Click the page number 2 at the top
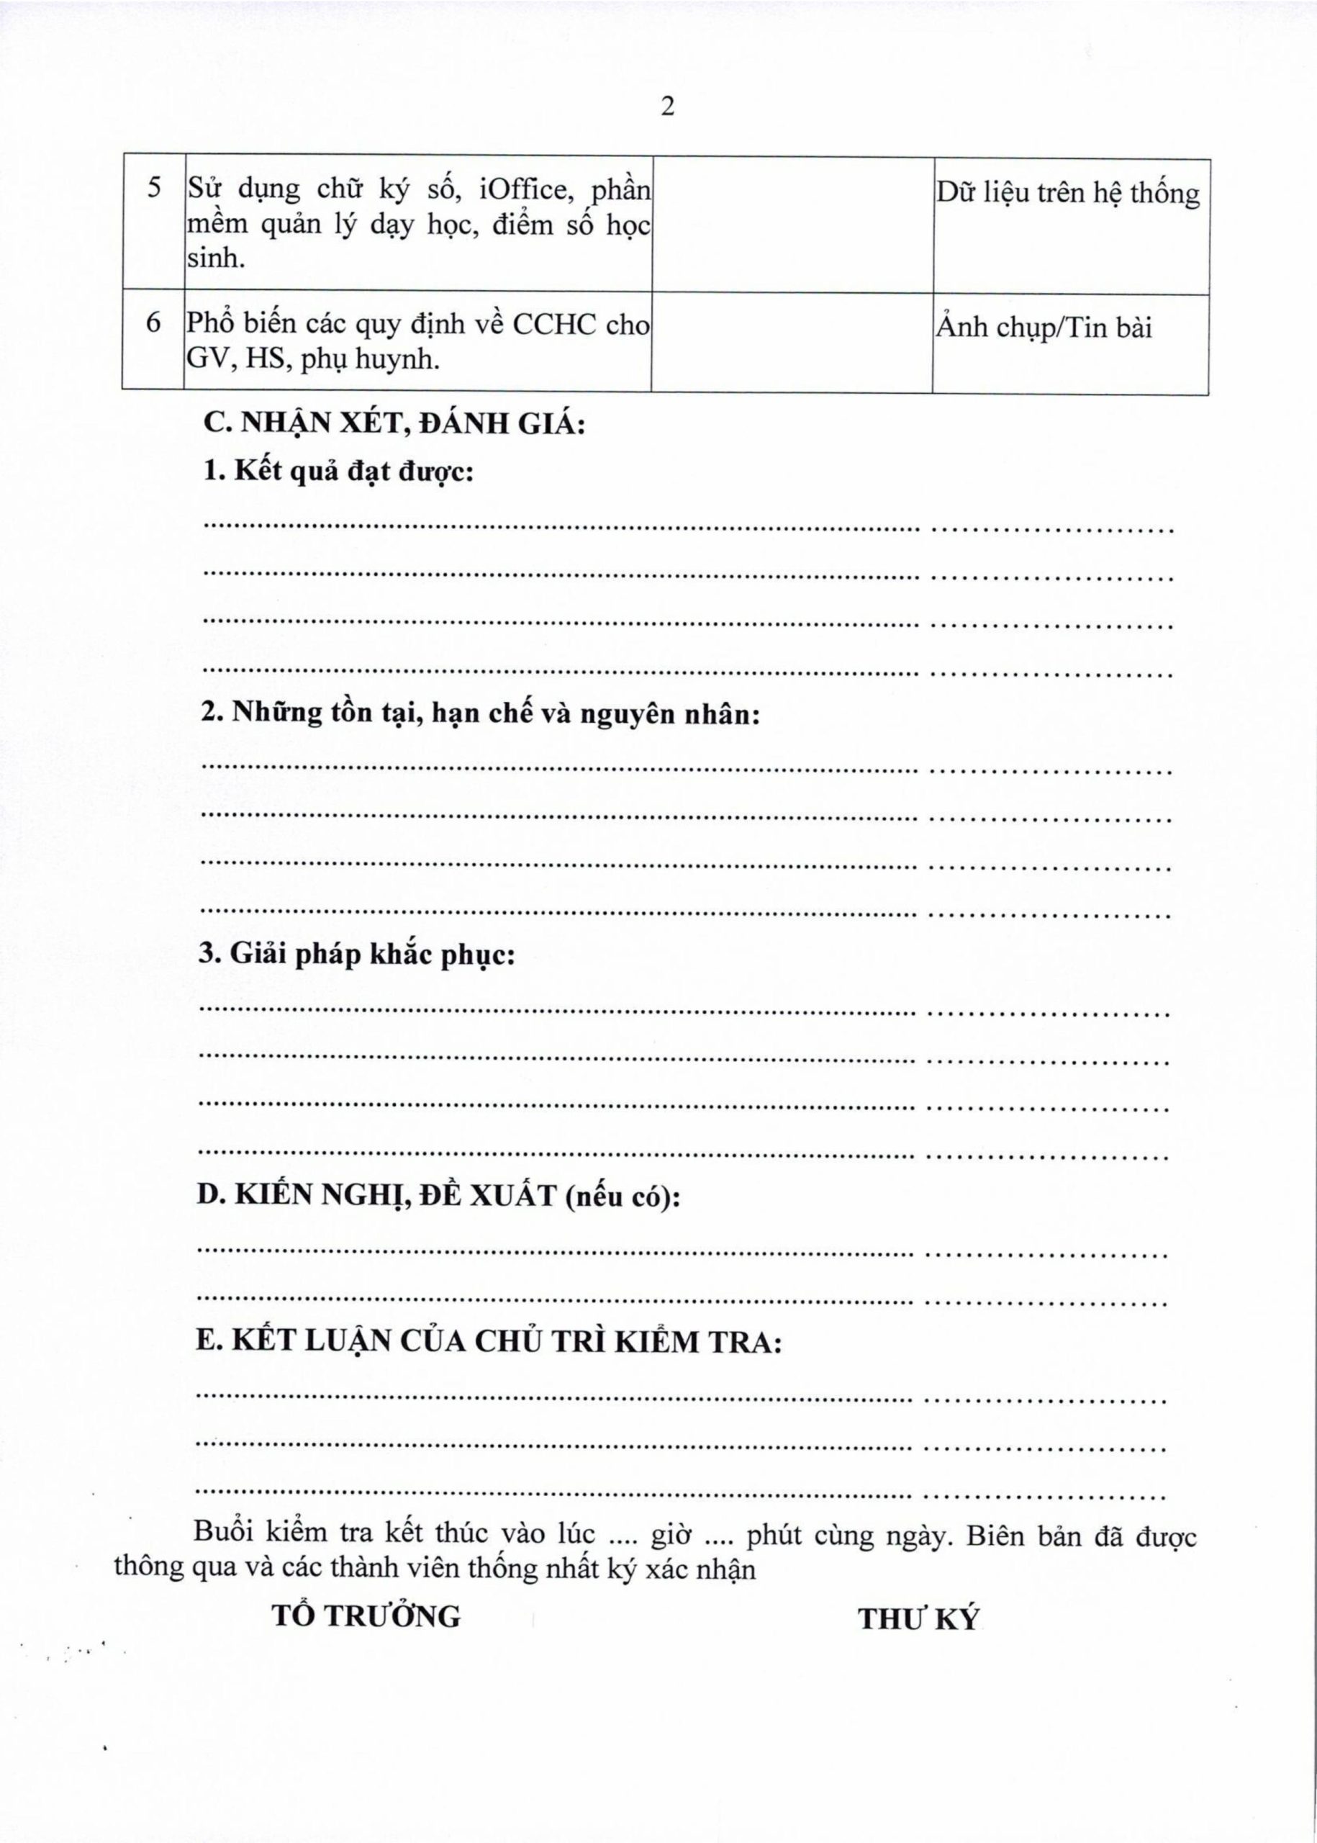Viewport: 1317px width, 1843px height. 667,107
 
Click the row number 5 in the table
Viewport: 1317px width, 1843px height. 154,188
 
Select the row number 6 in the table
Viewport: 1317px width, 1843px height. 154,323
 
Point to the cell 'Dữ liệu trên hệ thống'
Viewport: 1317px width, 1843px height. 1068,193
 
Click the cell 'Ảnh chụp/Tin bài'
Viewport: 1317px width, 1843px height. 1044,328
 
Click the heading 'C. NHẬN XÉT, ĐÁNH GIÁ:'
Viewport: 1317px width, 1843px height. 394,423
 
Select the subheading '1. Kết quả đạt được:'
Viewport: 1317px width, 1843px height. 338,471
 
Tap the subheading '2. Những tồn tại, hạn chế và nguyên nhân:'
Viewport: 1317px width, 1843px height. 480,713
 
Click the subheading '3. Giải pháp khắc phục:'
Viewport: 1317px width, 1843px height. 357,954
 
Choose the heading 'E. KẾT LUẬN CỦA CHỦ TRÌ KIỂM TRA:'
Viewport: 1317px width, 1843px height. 489,1342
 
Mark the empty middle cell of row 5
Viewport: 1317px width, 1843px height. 792,224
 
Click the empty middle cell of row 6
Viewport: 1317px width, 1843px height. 792,341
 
